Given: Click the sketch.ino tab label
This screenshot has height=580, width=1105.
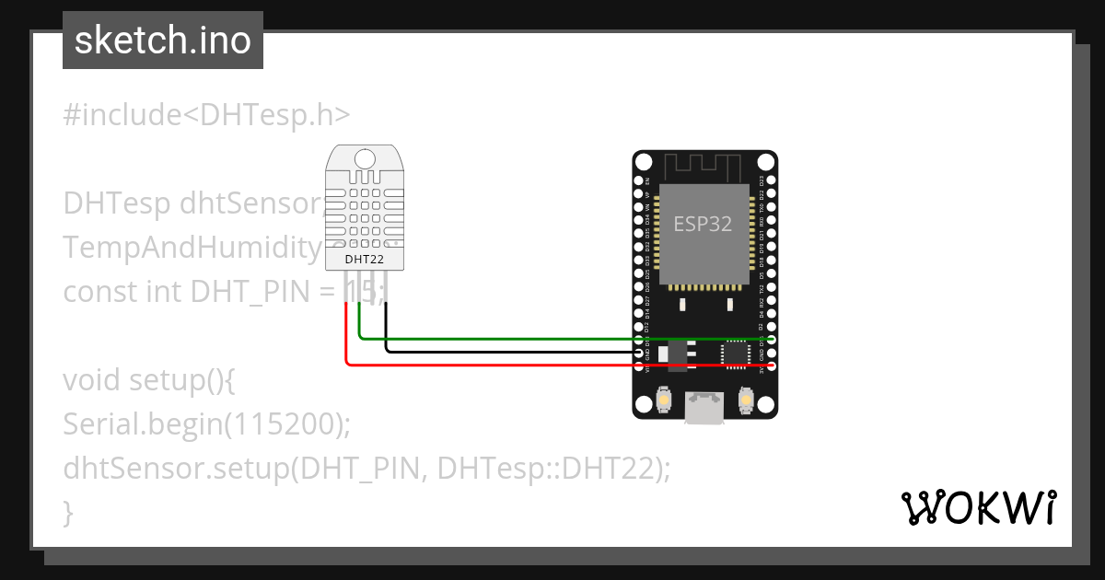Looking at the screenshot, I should [163, 41].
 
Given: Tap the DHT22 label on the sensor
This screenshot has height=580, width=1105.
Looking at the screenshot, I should [364, 260].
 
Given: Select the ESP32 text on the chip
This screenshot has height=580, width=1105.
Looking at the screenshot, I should [703, 224].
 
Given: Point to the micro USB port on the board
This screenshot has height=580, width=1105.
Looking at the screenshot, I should [704, 408].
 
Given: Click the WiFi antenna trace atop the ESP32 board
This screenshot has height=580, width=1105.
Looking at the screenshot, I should [704, 168].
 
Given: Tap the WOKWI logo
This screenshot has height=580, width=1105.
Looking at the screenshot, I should [977, 507].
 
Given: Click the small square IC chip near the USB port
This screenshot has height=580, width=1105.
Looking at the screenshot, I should [736, 353].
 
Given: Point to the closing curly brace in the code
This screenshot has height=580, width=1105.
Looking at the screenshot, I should [68, 512].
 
